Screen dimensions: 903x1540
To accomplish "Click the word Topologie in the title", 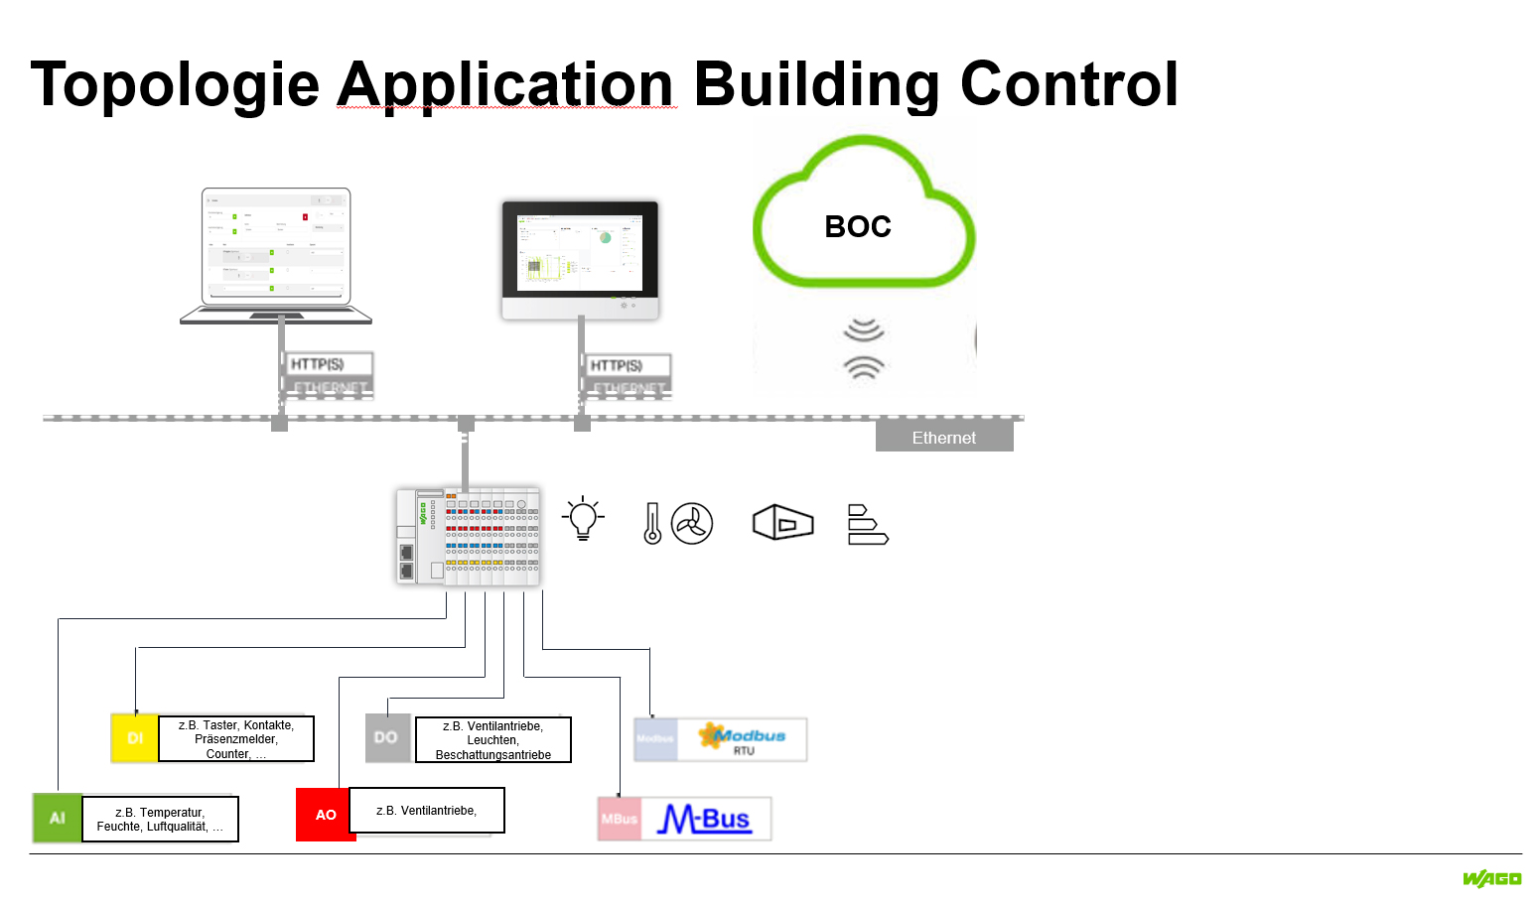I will pos(175,85).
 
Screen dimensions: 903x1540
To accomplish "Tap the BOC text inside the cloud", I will pos(858,227).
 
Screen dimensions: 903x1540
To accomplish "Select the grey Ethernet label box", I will pos(943,438).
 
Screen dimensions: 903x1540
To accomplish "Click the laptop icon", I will pos(276,255).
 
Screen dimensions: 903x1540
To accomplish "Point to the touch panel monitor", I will pos(580,260).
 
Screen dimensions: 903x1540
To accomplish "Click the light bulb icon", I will pos(583,519).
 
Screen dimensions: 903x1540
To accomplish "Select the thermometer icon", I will pos(652,523).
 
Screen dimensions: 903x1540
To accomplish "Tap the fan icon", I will pos(692,523).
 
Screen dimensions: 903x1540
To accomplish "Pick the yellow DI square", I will pos(135,738).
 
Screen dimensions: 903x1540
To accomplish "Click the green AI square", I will pos(58,818).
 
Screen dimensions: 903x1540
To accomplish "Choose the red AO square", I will pos(326,815).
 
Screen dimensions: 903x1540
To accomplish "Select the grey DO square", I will pos(387,738).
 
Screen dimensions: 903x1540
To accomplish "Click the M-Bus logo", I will pos(705,819).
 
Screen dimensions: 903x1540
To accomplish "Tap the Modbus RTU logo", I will pos(742,739).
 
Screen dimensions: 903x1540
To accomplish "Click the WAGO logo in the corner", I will pos(1491,878).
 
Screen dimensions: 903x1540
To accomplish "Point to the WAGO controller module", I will pos(468,537).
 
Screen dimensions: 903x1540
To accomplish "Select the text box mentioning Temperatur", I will pos(160,820).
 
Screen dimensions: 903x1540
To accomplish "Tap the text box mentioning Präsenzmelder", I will pos(236,739).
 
